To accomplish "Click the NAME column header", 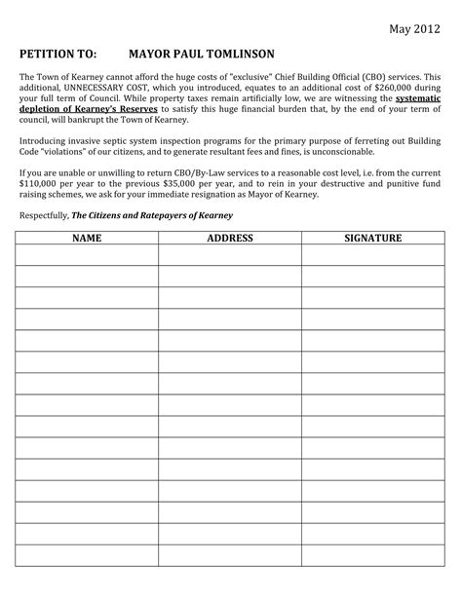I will (x=87, y=238).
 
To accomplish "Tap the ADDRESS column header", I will (x=230, y=238).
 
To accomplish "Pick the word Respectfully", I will (x=45, y=216).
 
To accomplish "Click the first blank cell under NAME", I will (x=87, y=254).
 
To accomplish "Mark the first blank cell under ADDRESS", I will (x=230, y=254).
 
